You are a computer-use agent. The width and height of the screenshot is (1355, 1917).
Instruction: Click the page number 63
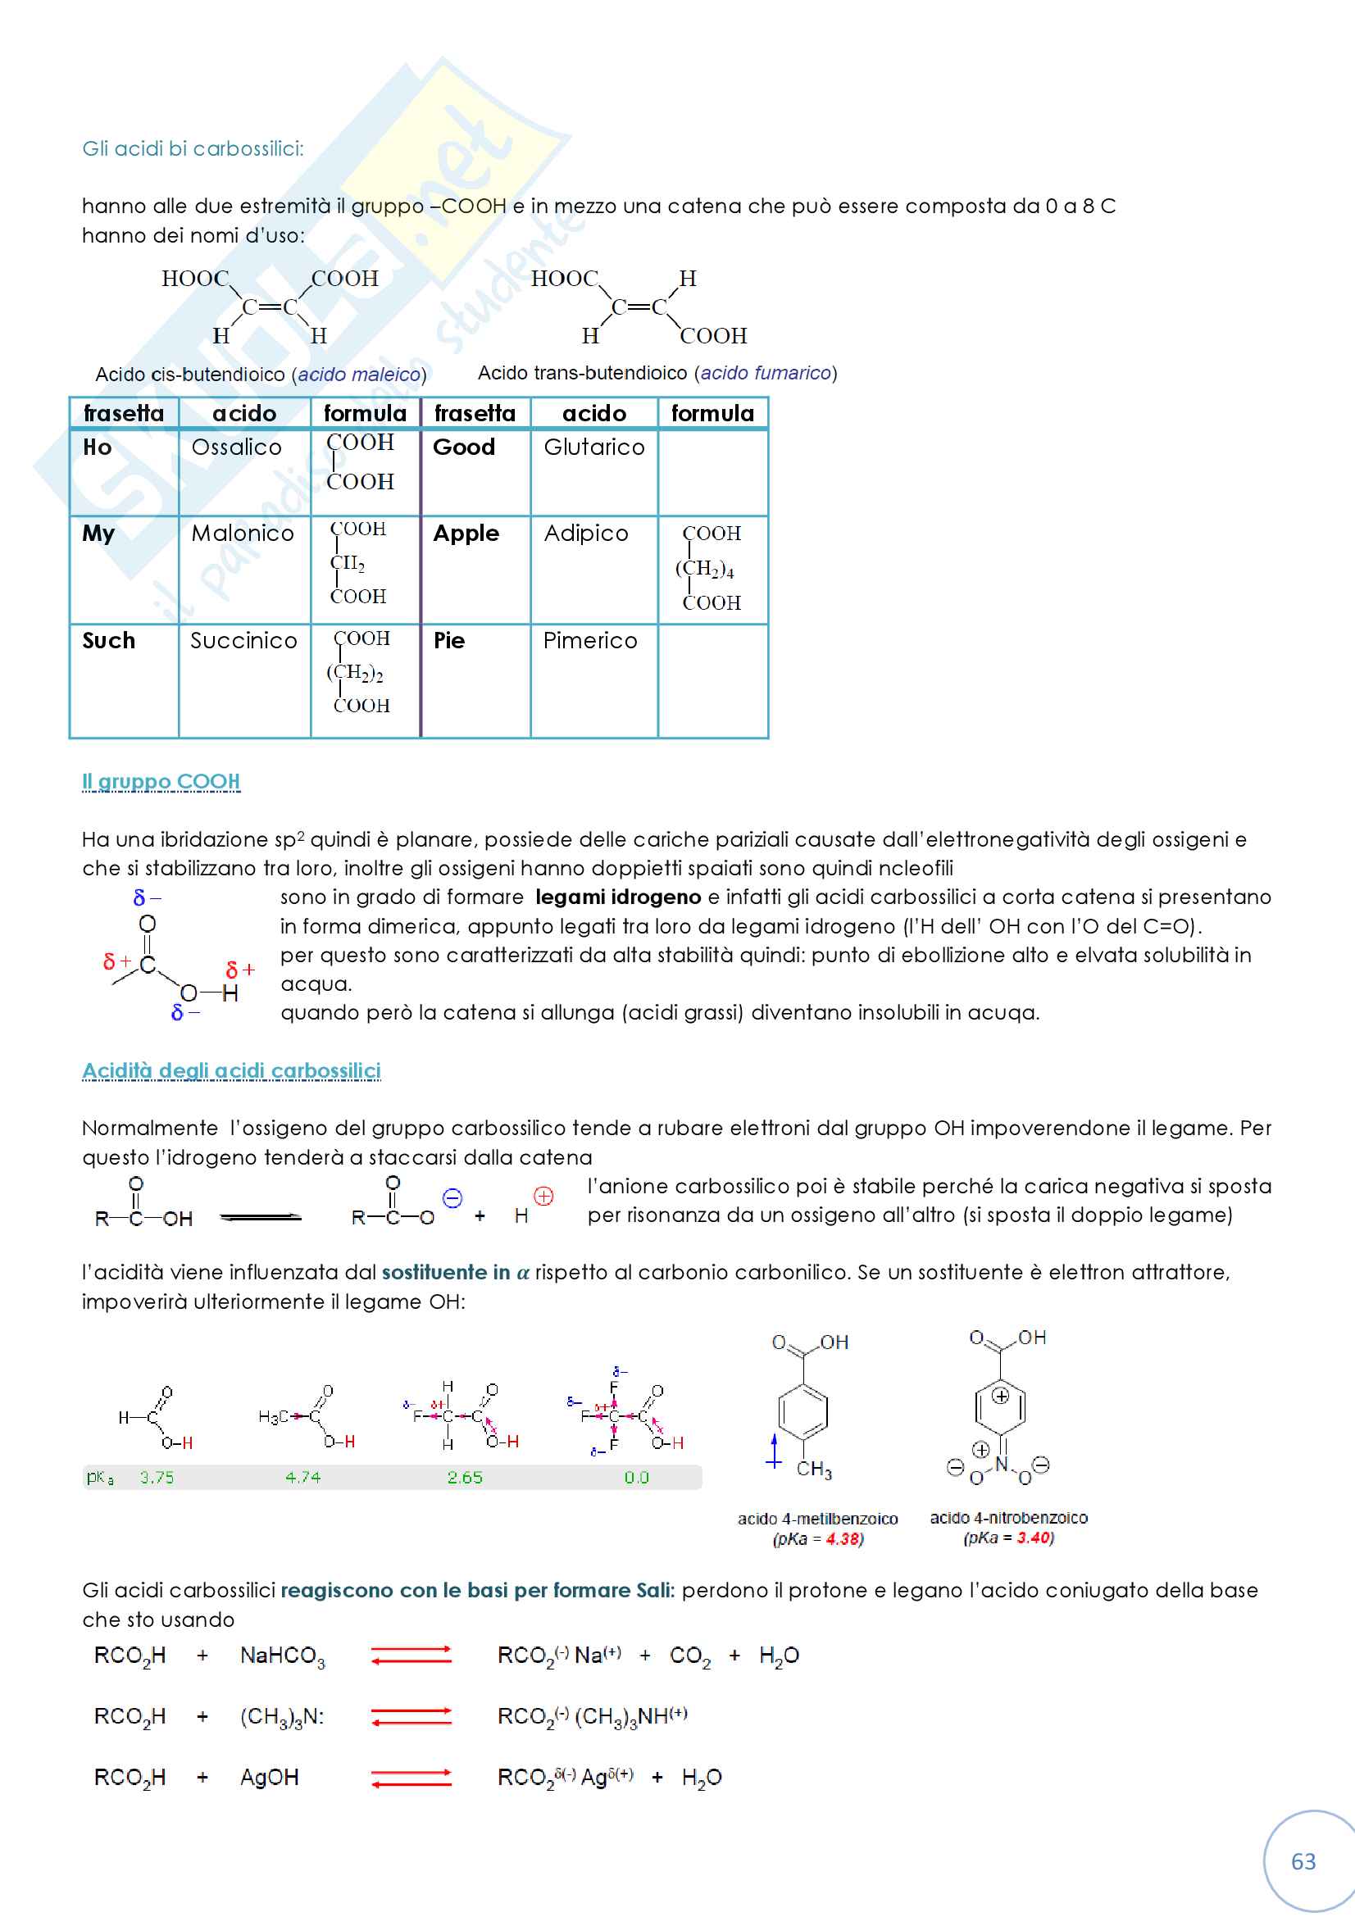[1303, 1861]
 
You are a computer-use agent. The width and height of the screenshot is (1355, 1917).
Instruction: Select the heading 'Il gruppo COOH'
[161, 782]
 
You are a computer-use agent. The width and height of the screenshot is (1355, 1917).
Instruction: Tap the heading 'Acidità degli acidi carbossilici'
[231, 1070]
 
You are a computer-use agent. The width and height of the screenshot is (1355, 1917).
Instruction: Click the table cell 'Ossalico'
[236, 447]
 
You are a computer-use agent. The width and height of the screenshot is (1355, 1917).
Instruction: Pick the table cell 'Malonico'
[242, 534]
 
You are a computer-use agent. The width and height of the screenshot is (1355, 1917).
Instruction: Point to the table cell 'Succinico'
[243, 640]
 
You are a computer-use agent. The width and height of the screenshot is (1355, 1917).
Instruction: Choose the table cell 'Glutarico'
[593, 447]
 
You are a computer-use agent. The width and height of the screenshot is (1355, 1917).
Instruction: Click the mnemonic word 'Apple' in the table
[466, 534]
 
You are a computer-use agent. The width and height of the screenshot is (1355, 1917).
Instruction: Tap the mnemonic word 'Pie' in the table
[448, 640]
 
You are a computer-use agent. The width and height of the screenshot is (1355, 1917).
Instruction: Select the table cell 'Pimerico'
[589, 640]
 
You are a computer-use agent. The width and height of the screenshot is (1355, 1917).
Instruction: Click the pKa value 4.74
[303, 1477]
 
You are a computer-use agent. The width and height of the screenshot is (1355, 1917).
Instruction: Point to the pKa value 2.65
[465, 1477]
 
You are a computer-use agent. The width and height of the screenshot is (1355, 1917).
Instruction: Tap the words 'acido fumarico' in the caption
[766, 373]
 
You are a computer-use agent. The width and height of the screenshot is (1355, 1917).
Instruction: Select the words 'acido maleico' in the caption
[359, 375]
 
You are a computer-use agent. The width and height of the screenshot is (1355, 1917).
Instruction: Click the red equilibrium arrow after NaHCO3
[411, 1655]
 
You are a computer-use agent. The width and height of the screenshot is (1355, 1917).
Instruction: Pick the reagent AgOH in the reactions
[269, 1777]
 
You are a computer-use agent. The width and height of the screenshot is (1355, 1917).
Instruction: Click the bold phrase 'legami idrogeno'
[618, 897]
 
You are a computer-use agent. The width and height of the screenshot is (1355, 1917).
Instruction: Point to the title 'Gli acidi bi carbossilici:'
[193, 148]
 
